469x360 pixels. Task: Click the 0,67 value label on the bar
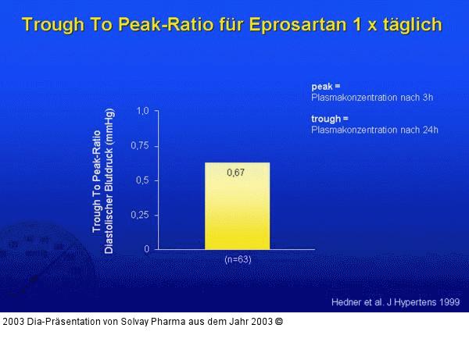[x=236, y=173]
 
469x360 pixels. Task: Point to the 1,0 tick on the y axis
[x=142, y=111]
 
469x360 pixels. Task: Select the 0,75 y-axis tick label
[x=140, y=146]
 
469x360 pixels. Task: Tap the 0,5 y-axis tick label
[x=142, y=180]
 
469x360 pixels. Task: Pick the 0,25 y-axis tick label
[x=140, y=215]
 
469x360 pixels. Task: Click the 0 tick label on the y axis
[x=146, y=249]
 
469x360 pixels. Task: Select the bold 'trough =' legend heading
[x=327, y=119]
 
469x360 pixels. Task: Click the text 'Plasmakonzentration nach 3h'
[x=371, y=98]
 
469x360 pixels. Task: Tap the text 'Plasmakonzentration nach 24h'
[x=374, y=130]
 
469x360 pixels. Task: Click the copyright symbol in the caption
[x=279, y=321]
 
